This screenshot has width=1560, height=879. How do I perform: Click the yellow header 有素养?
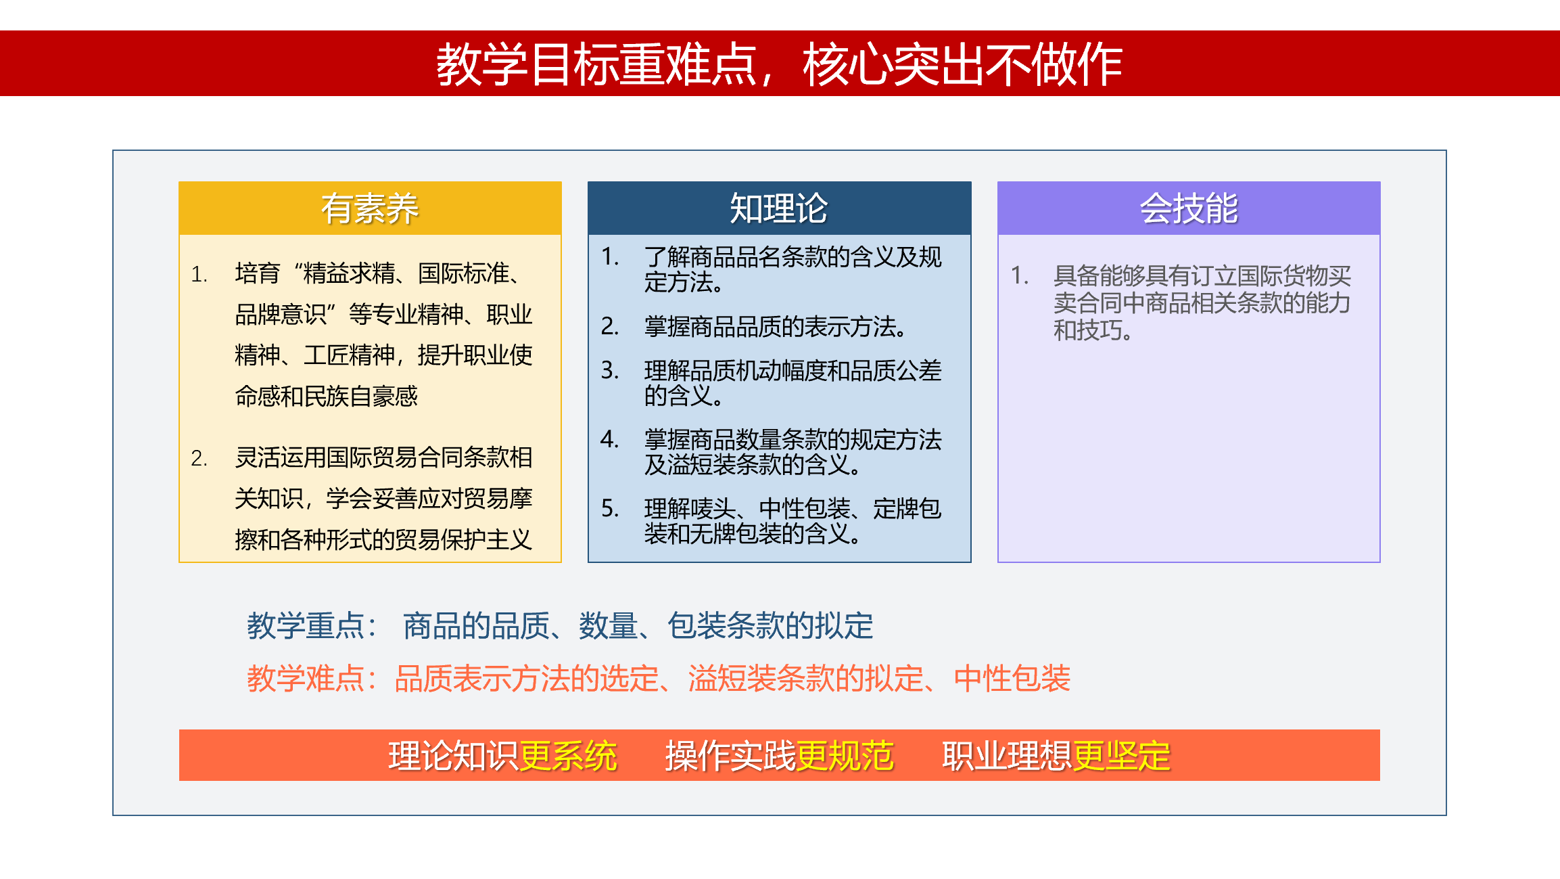370,208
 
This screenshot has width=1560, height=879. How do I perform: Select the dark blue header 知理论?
779,208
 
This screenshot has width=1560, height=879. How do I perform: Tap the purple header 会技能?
1189,208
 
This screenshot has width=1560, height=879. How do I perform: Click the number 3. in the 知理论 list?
610,370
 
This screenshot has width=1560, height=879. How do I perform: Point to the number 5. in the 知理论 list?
610,508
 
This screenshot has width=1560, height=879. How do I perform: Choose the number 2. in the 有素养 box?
199,458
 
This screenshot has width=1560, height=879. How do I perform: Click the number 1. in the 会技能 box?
1020,275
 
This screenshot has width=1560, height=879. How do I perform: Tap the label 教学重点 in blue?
306,625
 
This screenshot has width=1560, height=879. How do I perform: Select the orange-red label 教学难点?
306,678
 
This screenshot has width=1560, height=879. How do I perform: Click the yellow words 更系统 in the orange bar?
568,756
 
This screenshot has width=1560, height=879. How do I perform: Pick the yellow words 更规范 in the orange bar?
845,756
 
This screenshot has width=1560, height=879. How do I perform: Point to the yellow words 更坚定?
1122,756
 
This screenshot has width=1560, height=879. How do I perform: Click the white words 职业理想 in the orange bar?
1008,756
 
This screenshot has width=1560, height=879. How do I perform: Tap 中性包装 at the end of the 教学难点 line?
1012,678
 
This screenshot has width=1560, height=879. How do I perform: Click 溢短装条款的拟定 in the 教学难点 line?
806,678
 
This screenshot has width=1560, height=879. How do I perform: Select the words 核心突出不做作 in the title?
963,64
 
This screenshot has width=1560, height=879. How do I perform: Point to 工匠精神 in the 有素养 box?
349,355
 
